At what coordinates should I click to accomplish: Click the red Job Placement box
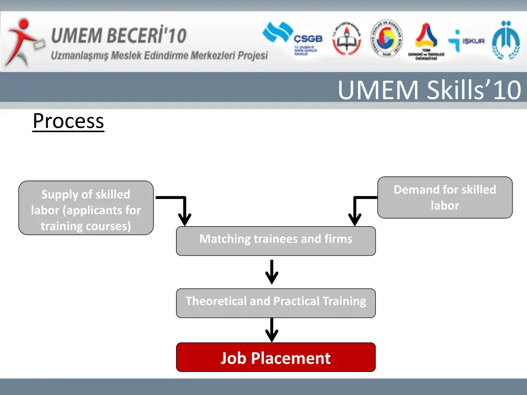point(275,357)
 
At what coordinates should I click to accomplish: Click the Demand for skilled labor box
point(445,197)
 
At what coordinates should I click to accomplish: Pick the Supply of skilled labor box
point(86,208)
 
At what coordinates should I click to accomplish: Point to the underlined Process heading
point(68,122)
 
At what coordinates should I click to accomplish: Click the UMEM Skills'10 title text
point(429,91)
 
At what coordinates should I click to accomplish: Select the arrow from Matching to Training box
point(272,272)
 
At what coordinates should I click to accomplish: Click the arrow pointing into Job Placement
point(272,330)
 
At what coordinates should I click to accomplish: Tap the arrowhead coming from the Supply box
point(184,218)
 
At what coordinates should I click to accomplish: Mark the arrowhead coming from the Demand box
point(355,218)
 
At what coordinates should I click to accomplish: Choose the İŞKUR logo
point(466,41)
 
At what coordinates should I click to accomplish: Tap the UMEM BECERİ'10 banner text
point(118,36)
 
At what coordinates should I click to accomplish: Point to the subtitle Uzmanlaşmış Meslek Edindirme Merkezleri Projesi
point(159,55)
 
